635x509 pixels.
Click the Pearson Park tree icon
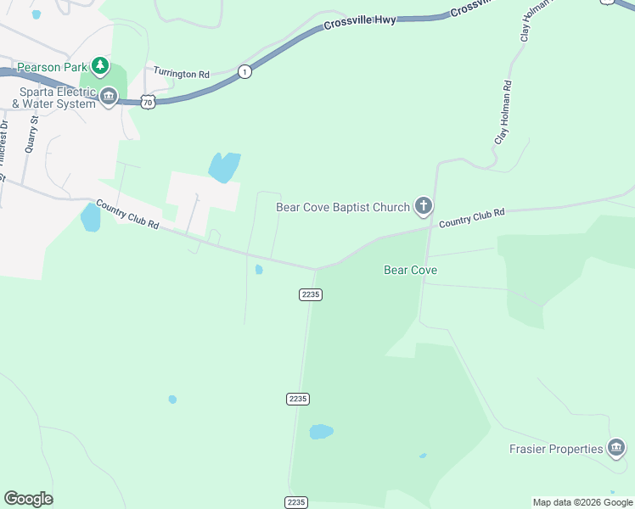pyautogui.click(x=101, y=65)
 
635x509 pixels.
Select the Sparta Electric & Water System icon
pyautogui.click(x=109, y=97)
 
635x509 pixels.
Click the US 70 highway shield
pyautogui.click(x=149, y=100)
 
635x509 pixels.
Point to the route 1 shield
pyautogui.click(x=244, y=70)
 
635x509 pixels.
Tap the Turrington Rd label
pyautogui.click(x=181, y=75)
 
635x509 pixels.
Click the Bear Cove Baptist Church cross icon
pyautogui.click(x=423, y=205)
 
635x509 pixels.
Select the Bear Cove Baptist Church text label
pyautogui.click(x=343, y=206)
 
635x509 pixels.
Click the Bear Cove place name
pyautogui.click(x=410, y=270)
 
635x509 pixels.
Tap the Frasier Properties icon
pyautogui.click(x=617, y=448)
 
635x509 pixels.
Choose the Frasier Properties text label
pyautogui.click(x=556, y=449)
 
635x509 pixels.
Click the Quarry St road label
pyautogui.click(x=32, y=134)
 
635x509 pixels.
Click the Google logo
pyautogui.click(x=28, y=499)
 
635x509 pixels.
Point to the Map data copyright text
pyautogui.click(x=582, y=502)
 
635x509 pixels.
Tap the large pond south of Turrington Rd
pyautogui.click(x=224, y=167)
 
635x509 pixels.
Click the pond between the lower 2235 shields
pyautogui.click(x=320, y=432)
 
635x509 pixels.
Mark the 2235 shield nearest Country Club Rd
pyautogui.click(x=311, y=294)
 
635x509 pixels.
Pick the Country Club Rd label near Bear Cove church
pyautogui.click(x=472, y=217)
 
